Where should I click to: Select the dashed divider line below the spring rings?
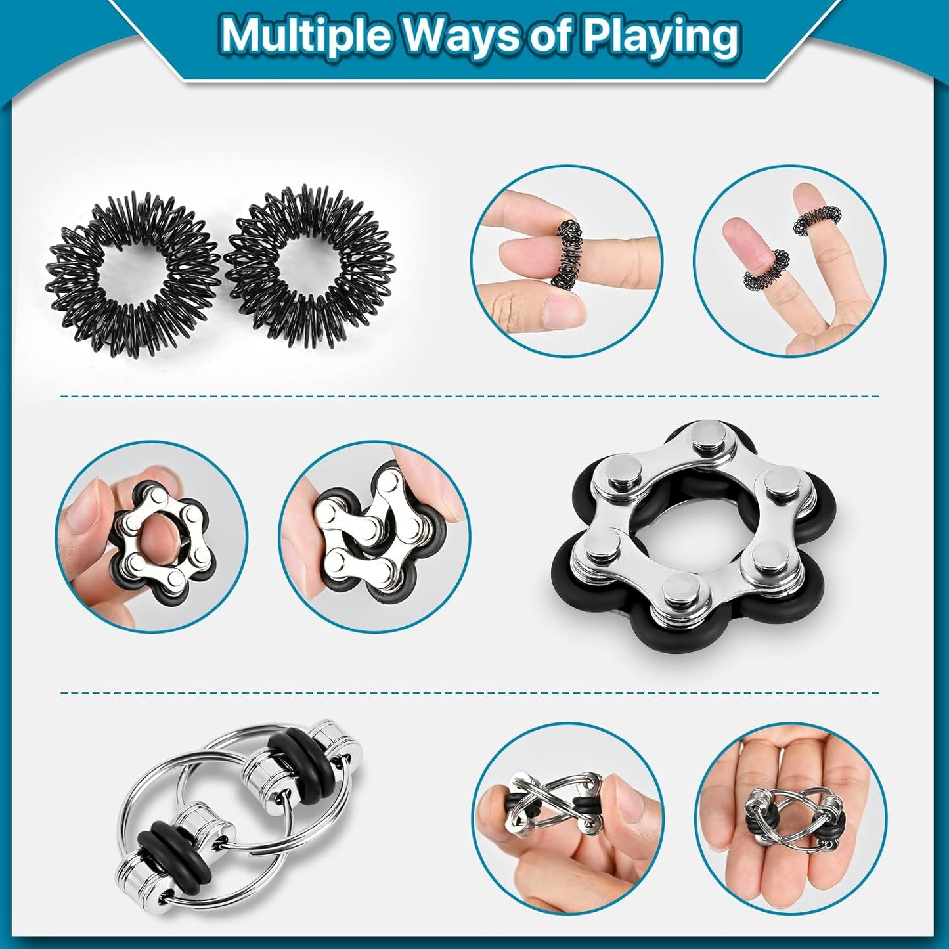click(x=470, y=396)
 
